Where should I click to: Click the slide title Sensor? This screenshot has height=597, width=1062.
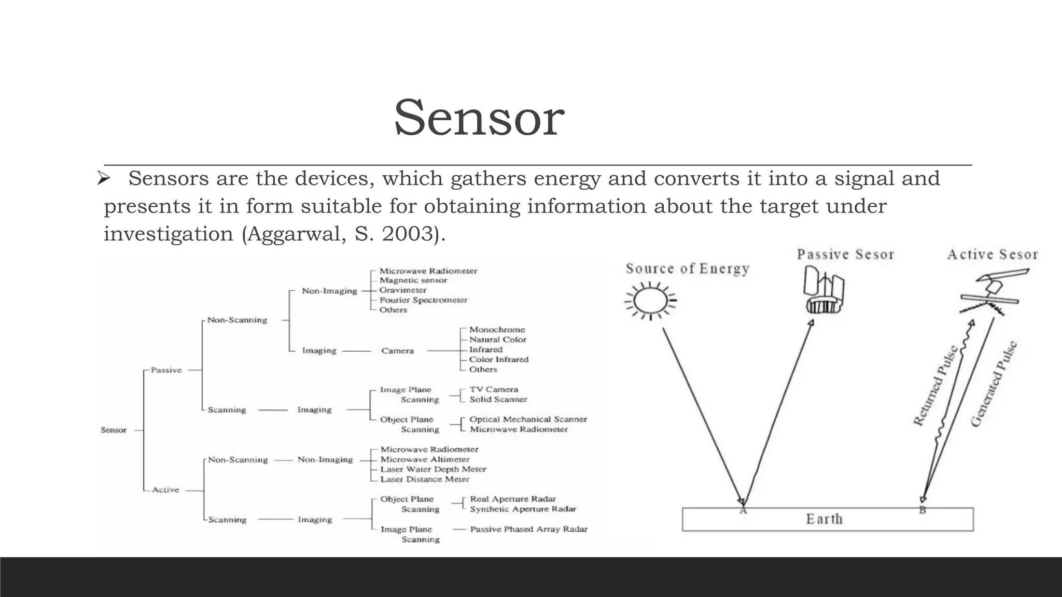click(479, 118)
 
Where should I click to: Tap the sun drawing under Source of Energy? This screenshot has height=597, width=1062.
click(651, 301)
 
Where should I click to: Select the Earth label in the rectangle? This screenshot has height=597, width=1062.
click(824, 519)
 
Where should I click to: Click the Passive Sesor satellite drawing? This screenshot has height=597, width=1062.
click(823, 291)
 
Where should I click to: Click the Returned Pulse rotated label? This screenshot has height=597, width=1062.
click(935, 386)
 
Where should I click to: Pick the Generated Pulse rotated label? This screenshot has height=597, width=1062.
click(994, 383)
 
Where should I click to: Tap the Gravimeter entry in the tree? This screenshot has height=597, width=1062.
click(403, 290)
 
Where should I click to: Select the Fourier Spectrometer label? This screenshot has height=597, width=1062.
click(423, 300)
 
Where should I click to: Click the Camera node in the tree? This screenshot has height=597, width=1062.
click(397, 351)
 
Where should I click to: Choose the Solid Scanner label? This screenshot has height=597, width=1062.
click(498, 400)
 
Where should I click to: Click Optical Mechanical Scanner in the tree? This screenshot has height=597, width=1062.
click(528, 419)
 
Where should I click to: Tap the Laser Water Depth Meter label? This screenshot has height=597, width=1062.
click(433, 469)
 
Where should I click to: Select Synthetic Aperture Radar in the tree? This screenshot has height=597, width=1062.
click(523, 509)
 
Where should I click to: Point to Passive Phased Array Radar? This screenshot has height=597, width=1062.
click(528, 529)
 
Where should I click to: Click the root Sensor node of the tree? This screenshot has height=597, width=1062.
click(114, 430)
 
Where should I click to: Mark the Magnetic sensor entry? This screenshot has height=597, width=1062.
click(413, 280)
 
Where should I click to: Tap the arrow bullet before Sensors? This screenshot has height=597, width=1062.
click(104, 179)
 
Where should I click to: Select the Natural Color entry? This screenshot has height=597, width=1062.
click(498, 339)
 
